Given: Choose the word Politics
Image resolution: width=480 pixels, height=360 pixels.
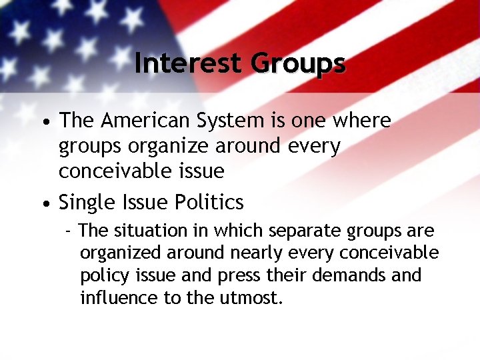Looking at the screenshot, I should point(211,202).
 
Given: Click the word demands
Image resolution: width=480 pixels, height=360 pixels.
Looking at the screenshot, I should point(361,275).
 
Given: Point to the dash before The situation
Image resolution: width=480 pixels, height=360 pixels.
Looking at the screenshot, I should point(68,232).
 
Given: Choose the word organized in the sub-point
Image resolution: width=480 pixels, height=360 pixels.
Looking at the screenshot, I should point(120,254).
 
